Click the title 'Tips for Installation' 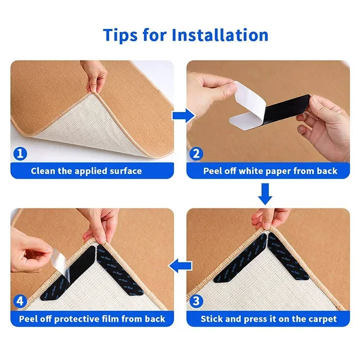coord(185,35)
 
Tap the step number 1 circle coord(19,154)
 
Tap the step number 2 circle coord(196,154)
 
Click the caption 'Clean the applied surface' coord(86,171)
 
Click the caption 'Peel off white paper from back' coord(270,171)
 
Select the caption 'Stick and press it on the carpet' coord(269,319)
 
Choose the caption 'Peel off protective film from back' coord(92,319)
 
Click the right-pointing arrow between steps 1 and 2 coord(183,116)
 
